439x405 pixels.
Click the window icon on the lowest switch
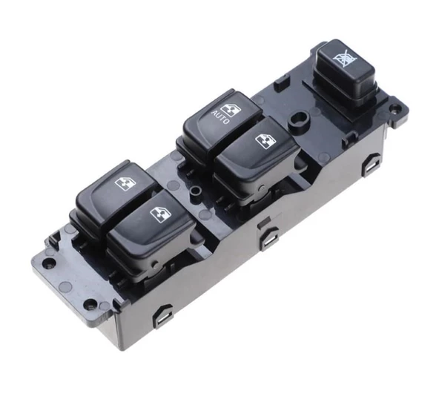click(x=160, y=214)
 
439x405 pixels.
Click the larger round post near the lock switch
click(x=300, y=119)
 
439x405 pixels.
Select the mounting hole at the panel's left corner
click(x=49, y=262)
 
